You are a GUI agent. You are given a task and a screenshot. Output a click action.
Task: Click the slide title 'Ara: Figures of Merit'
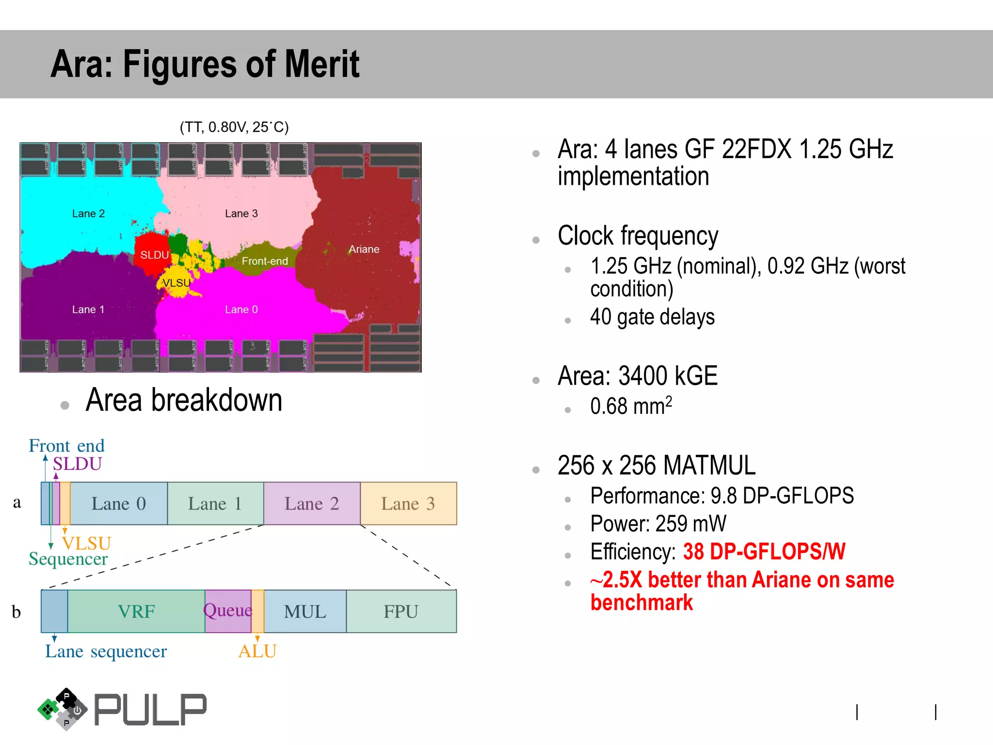pos(205,64)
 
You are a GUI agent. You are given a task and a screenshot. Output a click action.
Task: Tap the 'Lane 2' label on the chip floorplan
pos(88,213)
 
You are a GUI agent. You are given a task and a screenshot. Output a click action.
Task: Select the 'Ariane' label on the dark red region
pos(364,249)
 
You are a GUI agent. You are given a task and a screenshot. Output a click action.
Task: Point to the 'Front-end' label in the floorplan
pos(265,261)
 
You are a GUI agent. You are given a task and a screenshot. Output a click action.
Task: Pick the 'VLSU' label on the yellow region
pos(176,283)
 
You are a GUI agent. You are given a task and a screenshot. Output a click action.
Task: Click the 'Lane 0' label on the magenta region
pos(241,309)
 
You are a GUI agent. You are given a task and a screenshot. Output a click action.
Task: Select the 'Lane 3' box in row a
pos(408,503)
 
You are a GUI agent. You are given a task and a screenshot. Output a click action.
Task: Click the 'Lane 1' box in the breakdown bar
pos(215,503)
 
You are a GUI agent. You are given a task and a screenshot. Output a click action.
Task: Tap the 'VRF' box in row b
pos(136,611)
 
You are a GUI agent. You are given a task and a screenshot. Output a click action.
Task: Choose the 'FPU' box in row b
pos(400,611)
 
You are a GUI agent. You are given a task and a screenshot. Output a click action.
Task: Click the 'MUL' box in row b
pos(305,611)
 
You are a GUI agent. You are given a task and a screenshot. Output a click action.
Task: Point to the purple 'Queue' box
pos(228,610)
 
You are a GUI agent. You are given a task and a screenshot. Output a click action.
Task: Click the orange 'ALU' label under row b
pos(257,651)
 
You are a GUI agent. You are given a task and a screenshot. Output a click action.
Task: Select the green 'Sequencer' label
pos(68,559)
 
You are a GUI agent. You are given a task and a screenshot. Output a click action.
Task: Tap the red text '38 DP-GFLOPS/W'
pos(764,551)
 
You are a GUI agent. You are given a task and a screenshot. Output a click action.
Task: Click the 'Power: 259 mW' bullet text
pos(658,524)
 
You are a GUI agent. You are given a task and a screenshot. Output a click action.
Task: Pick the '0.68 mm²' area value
pos(631,406)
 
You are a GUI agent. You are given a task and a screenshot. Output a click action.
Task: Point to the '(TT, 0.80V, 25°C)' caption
pos(234,127)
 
